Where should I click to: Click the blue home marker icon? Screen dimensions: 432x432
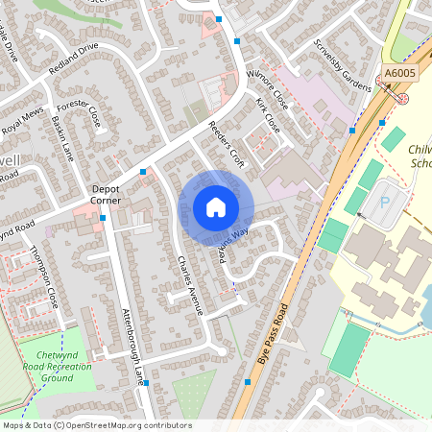click(216, 207)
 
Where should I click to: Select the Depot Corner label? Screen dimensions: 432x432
click(106, 195)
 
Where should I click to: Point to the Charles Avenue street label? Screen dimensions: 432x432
click(189, 284)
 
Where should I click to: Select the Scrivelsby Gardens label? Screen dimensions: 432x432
click(342, 66)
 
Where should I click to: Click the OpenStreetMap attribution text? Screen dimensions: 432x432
click(96, 425)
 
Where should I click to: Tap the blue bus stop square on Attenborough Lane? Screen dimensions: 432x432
click(148, 382)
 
